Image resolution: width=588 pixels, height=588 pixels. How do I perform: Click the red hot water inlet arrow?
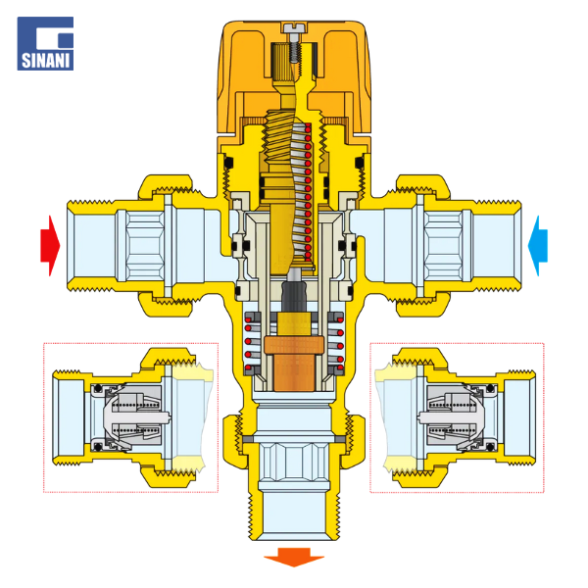point(51,246)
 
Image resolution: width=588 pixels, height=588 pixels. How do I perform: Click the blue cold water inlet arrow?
point(538,246)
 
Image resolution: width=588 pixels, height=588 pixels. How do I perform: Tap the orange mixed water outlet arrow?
point(294,557)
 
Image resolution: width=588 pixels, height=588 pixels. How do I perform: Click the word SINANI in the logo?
point(45,61)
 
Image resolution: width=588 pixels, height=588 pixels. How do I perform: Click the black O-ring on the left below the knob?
point(228,163)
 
